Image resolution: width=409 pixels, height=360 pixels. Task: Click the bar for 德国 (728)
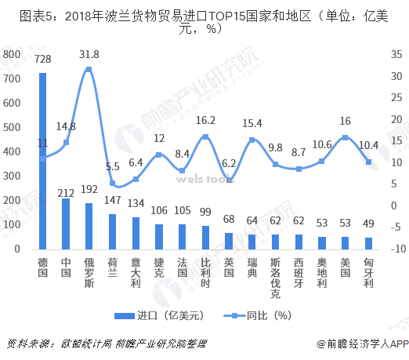pos(42,161)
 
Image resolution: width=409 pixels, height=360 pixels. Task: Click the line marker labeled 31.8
pos(89,69)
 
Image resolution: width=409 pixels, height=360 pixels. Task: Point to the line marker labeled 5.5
pos(113,184)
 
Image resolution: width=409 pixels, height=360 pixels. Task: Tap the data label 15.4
pos(252,123)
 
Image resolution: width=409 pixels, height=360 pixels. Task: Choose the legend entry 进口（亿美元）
pos(151,315)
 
